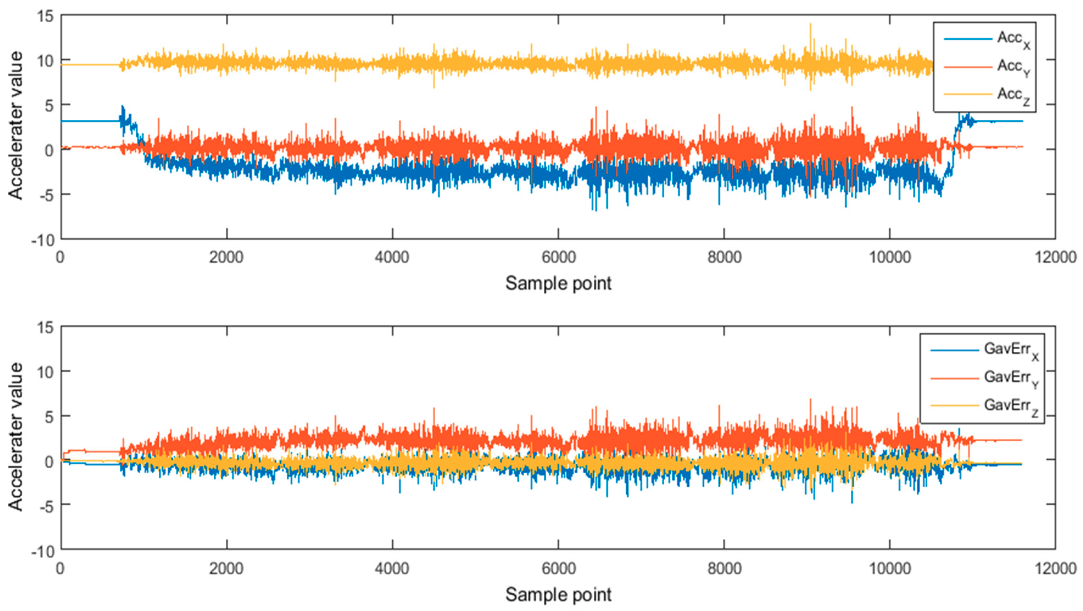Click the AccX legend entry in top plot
tap(1013, 39)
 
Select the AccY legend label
tap(1013, 67)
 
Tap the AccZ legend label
tap(1013, 95)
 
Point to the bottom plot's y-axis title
tap(16, 437)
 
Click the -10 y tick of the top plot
tap(43, 240)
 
